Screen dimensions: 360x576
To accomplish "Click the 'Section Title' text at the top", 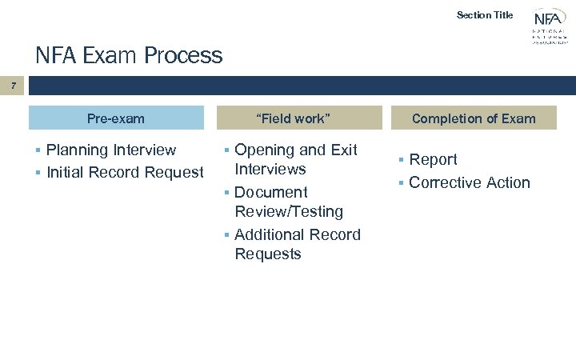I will point(484,14).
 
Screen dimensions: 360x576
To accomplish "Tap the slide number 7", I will point(13,85).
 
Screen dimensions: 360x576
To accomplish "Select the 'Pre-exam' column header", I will point(116,118).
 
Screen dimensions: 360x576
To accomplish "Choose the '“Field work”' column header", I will point(293,118).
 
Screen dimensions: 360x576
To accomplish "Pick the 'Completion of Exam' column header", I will point(474,118).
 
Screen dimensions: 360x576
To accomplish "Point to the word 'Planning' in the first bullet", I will point(78,150).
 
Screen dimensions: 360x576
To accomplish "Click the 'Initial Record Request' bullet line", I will point(125,172).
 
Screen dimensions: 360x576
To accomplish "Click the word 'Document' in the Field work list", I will point(270,192).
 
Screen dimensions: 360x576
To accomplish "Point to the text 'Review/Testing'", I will point(289,212).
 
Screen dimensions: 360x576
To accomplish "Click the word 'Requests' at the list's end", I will point(268,254).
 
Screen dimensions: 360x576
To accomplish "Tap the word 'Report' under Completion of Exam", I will point(433,160).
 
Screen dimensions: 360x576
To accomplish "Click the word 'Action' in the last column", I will point(508,182).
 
